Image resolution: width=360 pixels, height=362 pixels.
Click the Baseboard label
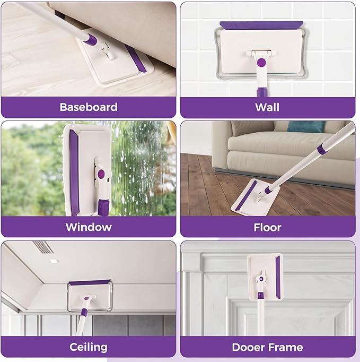tap(88, 107)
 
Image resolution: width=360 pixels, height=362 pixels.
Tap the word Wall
tap(267, 107)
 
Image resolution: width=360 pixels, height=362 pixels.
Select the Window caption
tap(88, 227)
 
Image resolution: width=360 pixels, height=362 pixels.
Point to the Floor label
tap(267, 227)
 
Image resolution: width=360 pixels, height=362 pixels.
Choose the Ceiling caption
tap(88, 348)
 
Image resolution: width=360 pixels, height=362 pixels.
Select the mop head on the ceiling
tap(89, 295)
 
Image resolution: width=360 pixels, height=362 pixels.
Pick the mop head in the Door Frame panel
tap(265, 272)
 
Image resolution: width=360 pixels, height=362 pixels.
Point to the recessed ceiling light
tap(54, 261)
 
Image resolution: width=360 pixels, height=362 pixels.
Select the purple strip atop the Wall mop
tap(261, 24)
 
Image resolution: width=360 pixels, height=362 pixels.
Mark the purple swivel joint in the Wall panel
tap(261, 62)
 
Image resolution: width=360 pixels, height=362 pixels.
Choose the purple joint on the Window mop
tap(101, 173)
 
